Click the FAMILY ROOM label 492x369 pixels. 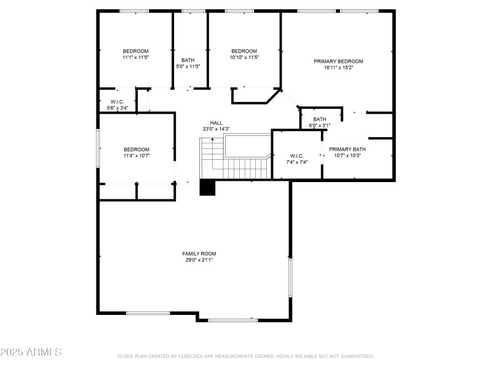point(199,253)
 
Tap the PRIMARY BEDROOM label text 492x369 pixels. point(338,61)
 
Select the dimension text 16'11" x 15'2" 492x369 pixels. point(338,68)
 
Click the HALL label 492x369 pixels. point(216,122)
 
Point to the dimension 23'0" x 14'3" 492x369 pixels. point(216,129)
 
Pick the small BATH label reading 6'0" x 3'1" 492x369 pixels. point(319,119)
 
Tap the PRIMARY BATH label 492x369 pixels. point(347,149)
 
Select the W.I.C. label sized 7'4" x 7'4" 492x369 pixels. point(296,156)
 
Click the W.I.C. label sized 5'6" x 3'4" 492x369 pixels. point(117,101)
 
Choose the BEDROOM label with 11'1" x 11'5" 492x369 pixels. point(135,50)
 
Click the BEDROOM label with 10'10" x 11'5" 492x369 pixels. point(244,50)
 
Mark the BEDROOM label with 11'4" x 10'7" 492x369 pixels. point(136,149)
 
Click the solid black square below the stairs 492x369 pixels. point(208,188)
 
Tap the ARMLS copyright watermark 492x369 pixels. point(31,352)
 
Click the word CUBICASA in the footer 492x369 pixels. point(193,356)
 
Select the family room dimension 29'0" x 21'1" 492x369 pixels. point(199,260)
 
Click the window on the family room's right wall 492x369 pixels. point(290,278)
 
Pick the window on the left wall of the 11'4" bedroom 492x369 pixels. point(98,148)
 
